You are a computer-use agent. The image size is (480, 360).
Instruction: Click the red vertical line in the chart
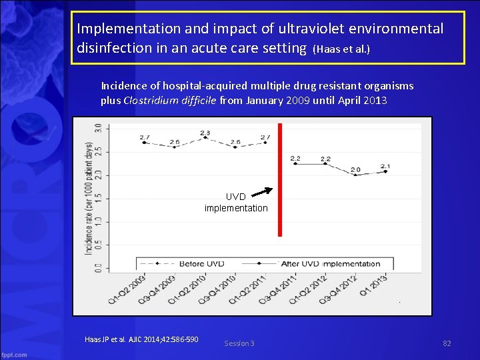coord(280,180)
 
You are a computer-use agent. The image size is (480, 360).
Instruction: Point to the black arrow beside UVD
coord(262,192)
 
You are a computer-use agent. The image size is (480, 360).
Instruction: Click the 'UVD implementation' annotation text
coord(236,203)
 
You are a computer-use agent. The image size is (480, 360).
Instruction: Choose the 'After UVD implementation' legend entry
coord(331,264)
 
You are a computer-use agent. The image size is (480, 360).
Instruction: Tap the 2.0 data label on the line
coord(355,170)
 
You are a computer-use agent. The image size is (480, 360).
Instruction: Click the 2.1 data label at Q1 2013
coord(385,166)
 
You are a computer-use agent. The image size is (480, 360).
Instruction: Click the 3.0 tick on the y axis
coord(98,127)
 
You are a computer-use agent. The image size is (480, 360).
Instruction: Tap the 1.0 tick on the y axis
coord(98,221)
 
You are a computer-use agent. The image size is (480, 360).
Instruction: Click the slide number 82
coord(447,343)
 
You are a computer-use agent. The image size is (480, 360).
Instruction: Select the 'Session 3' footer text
coord(239,343)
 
